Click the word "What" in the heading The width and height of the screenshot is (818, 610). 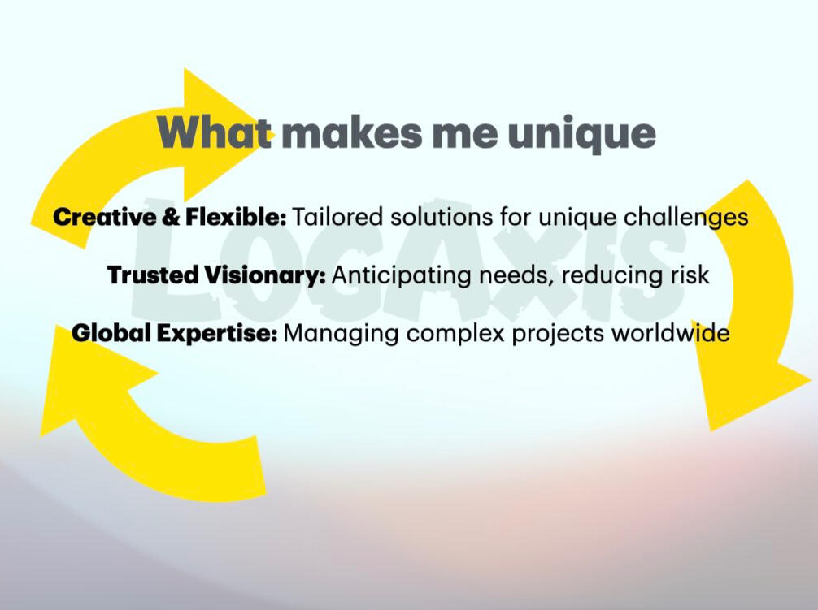point(215,132)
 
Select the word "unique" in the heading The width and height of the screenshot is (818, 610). point(581,135)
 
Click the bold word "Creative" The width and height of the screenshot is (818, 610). point(104,217)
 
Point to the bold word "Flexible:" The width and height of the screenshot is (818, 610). point(235,217)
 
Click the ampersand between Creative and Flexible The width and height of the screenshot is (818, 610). point(170,217)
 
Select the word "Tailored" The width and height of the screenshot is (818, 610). point(337,217)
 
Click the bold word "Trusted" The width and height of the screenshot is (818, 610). point(154,275)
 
